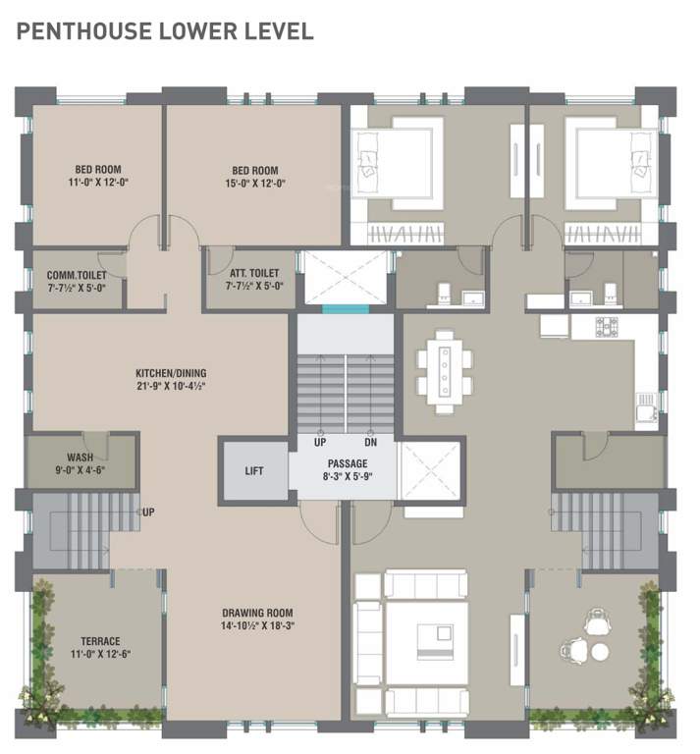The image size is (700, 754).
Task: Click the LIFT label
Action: pyautogui.click(x=254, y=471)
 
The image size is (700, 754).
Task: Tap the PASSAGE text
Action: pyautogui.click(x=348, y=463)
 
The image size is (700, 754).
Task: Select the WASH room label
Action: pyautogui.click(x=81, y=458)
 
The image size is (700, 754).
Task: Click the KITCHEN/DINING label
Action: pyautogui.click(x=171, y=373)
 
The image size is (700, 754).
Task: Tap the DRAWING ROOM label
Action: pyautogui.click(x=257, y=613)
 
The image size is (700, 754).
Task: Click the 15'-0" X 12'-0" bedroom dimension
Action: pyautogui.click(x=255, y=183)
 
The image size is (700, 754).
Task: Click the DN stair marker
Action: pyautogui.click(x=370, y=443)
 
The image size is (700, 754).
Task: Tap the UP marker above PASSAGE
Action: pyautogui.click(x=320, y=443)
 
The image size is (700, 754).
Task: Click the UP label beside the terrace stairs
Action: pyautogui.click(x=148, y=512)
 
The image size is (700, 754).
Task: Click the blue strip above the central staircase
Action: pyautogui.click(x=347, y=309)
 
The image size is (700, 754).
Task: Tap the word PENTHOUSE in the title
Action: pyautogui.click(x=76, y=31)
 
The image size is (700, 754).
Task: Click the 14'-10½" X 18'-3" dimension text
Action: pyautogui.click(x=257, y=625)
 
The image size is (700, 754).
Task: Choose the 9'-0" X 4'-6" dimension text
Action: pyautogui.click(x=81, y=470)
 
